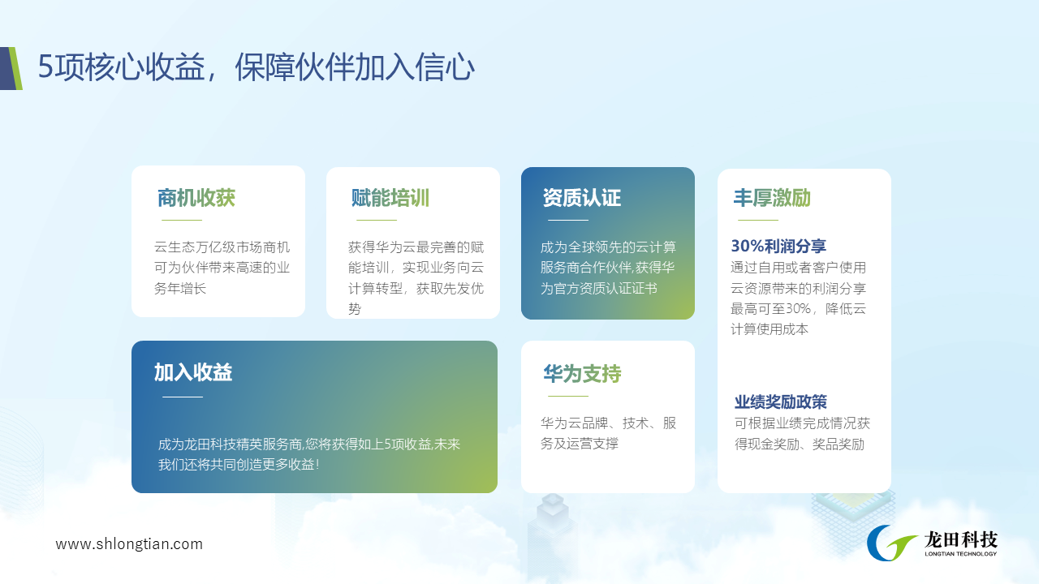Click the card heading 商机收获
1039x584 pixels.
coord(196,198)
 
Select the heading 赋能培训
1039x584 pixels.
coord(390,198)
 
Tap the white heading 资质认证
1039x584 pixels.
coord(582,198)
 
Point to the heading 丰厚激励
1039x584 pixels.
coord(772,198)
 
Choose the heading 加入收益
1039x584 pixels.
coord(193,372)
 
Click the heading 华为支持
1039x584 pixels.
coord(582,374)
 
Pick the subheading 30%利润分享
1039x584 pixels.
coord(778,246)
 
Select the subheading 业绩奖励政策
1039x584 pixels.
coord(781,401)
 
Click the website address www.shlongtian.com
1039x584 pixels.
coord(129,543)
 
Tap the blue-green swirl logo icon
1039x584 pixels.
coord(890,543)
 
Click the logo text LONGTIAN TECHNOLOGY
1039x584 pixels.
coord(960,554)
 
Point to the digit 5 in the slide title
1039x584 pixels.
coord(46,67)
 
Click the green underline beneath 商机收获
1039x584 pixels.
coord(182,220)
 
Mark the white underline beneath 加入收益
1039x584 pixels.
coord(183,397)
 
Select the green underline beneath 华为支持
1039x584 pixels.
coord(567,397)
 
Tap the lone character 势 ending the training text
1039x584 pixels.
coord(355,309)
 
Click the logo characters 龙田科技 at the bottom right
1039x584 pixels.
coord(960,539)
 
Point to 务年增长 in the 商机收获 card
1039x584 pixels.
coord(180,289)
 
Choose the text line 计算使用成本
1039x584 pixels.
coord(770,329)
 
